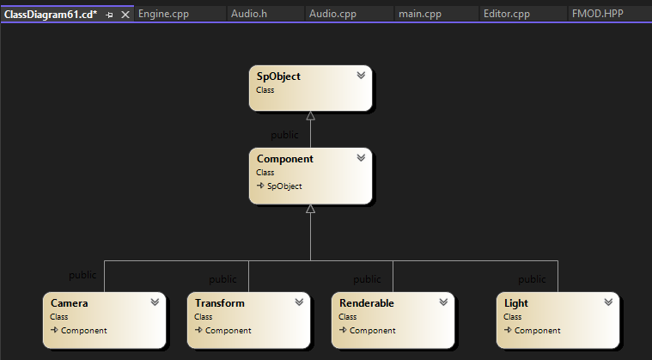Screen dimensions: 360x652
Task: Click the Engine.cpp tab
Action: point(163,14)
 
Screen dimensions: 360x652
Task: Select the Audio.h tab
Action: point(249,14)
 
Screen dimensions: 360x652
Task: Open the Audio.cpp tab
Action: point(332,14)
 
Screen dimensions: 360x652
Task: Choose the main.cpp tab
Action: point(419,14)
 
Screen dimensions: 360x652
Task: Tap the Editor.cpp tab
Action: point(507,14)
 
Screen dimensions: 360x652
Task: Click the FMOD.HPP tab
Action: point(598,14)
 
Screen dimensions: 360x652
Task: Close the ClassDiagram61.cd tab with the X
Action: point(125,15)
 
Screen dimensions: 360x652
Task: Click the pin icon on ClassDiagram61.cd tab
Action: point(109,15)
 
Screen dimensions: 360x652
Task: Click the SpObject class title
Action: point(278,76)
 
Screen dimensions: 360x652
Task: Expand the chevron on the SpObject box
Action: point(361,76)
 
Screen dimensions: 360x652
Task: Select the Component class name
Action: point(285,159)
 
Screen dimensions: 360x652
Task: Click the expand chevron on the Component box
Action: point(361,158)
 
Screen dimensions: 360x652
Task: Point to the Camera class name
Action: point(69,303)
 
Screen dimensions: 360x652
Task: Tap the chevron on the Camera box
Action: point(155,302)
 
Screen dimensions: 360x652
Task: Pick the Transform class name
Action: point(220,303)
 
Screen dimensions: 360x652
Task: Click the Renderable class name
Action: point(367,303)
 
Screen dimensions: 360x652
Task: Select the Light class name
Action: point(516,303)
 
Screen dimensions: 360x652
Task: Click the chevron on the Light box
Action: point(608,302)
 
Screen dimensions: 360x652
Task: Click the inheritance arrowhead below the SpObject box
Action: point(311,116)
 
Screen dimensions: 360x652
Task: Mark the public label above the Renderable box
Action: point(367,279)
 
